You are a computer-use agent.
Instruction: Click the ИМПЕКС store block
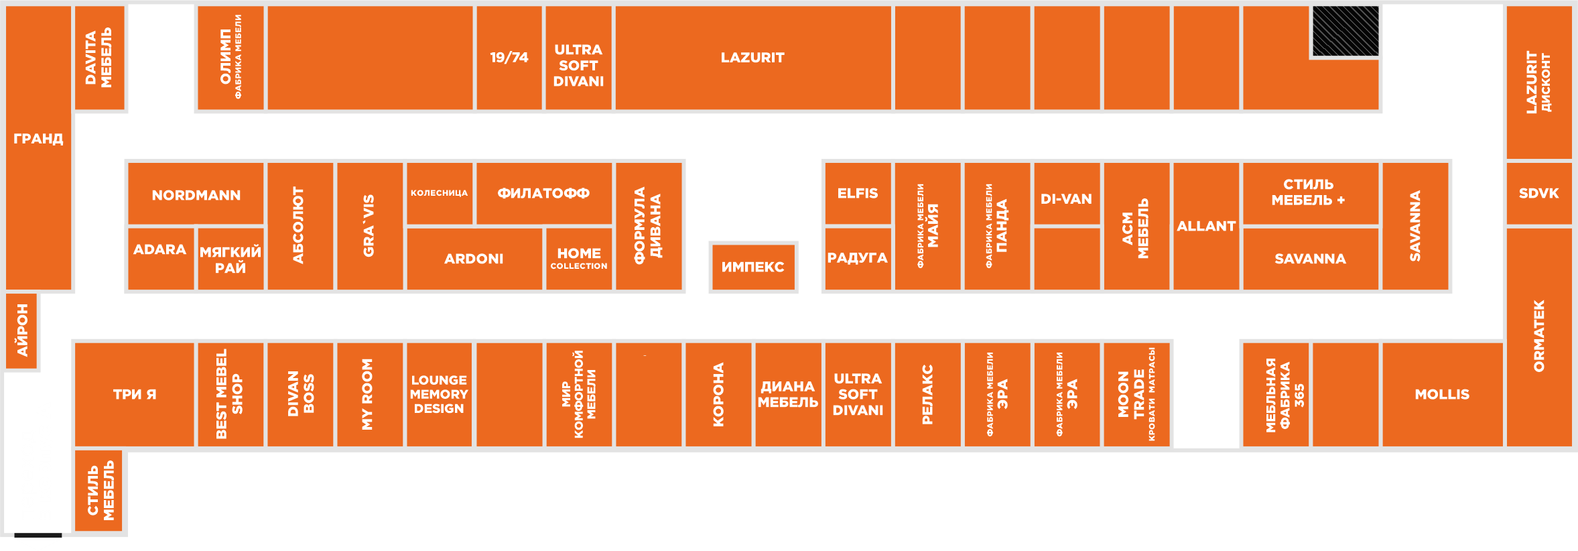point(753,267)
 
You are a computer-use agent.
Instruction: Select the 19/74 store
point(509,58)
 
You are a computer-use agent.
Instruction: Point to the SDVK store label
point(1538,194)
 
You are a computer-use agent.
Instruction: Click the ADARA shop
point(161,259)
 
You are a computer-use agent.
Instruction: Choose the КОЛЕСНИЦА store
point(440,193)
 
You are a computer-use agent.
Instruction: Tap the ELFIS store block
point(858,193)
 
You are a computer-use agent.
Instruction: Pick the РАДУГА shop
point(858,259)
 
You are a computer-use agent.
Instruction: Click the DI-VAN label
point(1066,199)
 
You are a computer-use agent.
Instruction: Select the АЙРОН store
point(21,331)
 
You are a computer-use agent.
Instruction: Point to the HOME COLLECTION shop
point(579,259)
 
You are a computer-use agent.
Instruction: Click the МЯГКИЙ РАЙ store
point(231,259)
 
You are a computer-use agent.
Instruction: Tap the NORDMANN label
point(196,195)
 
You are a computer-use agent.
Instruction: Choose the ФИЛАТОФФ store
point(544,193)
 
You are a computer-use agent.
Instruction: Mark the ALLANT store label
point(1206,227)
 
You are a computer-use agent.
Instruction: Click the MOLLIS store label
point(1442,394)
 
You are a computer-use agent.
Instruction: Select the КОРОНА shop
point(718,394)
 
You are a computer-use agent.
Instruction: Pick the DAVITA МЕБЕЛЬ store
point(99,58)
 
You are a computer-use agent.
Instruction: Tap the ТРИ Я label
point(135,394)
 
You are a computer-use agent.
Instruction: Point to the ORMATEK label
point(1538,336)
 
